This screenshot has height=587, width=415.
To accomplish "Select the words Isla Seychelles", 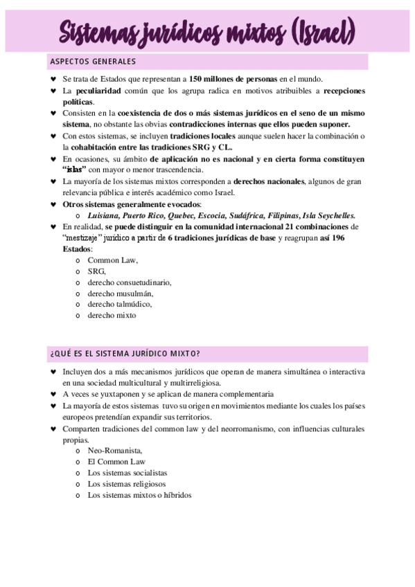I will coord(330,215).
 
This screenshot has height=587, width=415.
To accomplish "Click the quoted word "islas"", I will coord(76,170).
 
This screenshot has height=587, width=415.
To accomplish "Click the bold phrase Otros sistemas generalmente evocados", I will coord(132,204).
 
